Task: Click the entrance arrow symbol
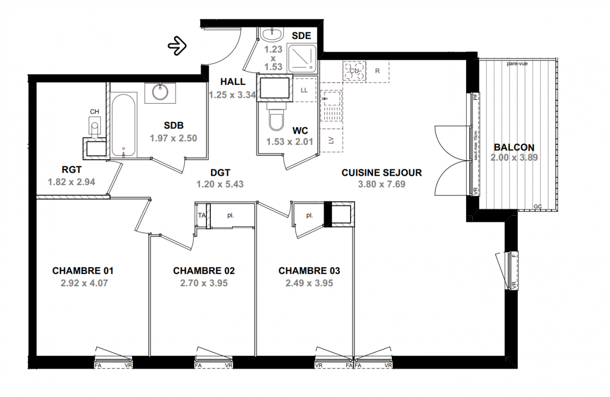click(177, 46)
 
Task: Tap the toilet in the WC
click(276, 117)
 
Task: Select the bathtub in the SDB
click(123, 125)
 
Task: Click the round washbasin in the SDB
click(160, 92)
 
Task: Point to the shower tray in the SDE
click(302, 58)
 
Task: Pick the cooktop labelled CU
click(354, 70)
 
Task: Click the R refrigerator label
click(377, 71)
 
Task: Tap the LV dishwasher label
click(331, 140)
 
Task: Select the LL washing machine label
click(304, 90)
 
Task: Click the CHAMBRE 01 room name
click(83, 270)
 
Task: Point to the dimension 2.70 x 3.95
click(204, 283)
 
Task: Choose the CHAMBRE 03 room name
click(309, 270)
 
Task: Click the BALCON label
click(514, 147)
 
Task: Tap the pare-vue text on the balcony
click(517, 64)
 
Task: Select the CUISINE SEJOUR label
click(381, 173)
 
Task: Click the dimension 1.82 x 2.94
click(71, 182)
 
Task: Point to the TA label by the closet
click(202, 215)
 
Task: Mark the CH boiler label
click(95, 112)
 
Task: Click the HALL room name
click(233, 81)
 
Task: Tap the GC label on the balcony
click(538, 206)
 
